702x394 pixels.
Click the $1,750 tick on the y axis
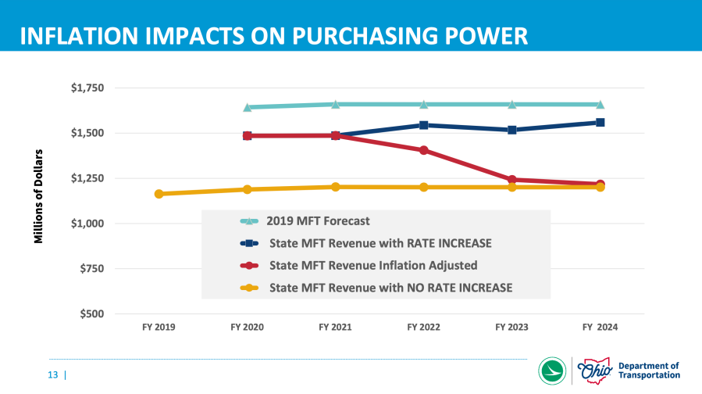(87, 88)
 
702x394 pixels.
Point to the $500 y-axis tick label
(92, 313)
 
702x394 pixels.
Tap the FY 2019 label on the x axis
(159, 328)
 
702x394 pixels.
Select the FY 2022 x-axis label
(423, 328)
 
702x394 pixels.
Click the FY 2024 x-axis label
(600, 328)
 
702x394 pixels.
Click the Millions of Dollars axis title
(37, 195)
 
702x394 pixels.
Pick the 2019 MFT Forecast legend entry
(318, 221)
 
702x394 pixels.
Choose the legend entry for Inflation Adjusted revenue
(372, 265)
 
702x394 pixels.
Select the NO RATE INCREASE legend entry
(390, 288)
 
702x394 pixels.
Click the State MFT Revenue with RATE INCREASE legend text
(380, 243)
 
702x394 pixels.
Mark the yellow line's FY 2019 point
(159, 194)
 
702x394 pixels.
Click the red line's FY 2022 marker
(423, 150)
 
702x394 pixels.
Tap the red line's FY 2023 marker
(511, 180)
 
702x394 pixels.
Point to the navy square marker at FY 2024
(600, 122)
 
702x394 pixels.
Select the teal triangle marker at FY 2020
(248, 108)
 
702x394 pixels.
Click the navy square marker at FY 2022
(423, 125)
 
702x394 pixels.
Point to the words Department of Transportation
(648, 371)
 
